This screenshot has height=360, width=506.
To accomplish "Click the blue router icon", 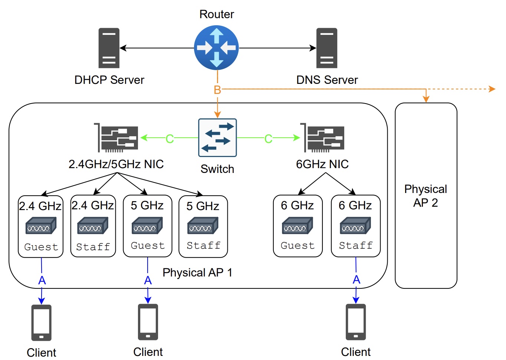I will point(216,48).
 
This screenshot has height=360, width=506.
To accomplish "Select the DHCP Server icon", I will point(109,48).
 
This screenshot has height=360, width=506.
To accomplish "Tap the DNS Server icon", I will point(326,48).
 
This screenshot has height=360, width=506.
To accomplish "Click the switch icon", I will point(217,137).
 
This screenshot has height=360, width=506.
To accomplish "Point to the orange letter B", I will point(217,90).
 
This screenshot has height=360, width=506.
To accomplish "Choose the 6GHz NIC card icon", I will point(322,138).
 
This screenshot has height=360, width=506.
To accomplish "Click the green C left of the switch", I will point(170,139).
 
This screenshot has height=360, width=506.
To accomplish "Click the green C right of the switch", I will point(268,139).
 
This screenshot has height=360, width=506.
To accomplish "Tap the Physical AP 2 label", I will point(425,196).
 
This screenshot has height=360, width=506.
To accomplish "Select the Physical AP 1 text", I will point(197,272).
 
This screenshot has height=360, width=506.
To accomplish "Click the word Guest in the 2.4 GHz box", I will point(41,247).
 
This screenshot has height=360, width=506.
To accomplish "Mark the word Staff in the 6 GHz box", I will point(356,245).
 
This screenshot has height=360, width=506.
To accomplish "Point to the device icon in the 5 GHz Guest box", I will point(147,226).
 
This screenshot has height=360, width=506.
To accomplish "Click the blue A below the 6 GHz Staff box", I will point(356,279).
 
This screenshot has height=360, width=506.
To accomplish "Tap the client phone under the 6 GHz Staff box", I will point(356,322).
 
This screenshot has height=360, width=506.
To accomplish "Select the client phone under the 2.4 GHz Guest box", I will point(42,323).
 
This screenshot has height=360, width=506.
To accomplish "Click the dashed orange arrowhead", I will point(492,89).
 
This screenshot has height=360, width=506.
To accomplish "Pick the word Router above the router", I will point(217,14).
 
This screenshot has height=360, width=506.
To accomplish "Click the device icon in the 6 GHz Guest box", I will point(298,226).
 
